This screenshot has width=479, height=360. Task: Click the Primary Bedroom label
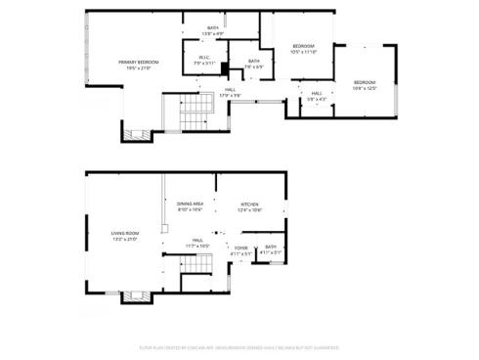pos(138,63)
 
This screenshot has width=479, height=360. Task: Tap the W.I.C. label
pos(204,57)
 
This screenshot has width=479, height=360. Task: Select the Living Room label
pos(125,233)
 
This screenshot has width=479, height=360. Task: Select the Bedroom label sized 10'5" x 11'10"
pos(304,46)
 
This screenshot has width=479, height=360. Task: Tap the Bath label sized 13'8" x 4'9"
pos(212,28)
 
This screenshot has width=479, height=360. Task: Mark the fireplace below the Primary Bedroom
pos(137,133)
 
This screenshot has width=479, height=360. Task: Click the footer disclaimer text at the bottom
pos(239,346)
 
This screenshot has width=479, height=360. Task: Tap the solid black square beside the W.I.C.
pos(224,67)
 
